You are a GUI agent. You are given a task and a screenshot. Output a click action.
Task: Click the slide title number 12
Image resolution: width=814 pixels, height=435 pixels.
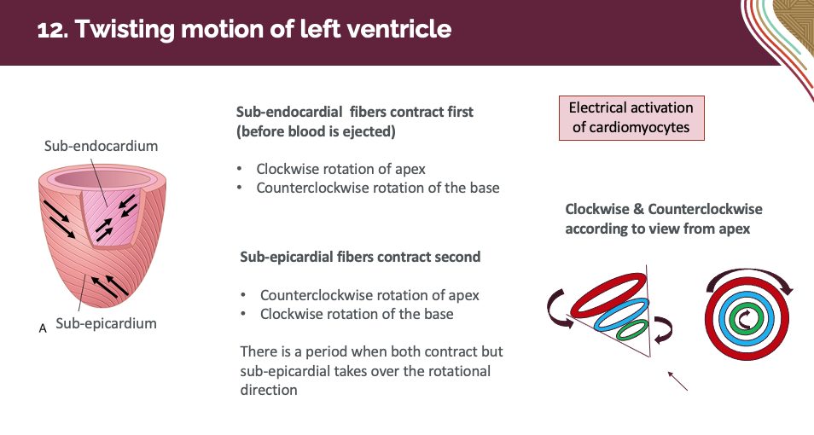[52, 30]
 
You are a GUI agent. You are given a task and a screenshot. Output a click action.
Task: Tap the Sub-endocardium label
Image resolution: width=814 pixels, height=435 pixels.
[101, 146]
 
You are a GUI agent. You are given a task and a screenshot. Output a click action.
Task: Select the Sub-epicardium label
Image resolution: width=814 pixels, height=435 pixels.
[106, 323]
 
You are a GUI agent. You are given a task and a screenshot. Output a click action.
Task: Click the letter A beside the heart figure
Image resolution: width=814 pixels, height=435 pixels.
[43, 327]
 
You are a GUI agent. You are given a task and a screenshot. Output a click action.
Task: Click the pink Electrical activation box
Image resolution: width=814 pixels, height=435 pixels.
[631, 118]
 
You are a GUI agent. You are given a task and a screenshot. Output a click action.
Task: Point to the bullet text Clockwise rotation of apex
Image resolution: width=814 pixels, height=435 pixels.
[341, 169]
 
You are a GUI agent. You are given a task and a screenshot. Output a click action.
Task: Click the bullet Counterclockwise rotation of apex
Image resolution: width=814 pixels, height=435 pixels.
[369, 295]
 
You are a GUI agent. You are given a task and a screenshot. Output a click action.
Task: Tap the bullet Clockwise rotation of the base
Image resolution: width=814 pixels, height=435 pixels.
[357, 314]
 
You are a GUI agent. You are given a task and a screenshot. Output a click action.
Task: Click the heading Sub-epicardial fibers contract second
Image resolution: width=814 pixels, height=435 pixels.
[360, 257]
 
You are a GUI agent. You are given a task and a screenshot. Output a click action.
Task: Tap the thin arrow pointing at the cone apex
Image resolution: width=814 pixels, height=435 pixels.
[677, 380]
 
